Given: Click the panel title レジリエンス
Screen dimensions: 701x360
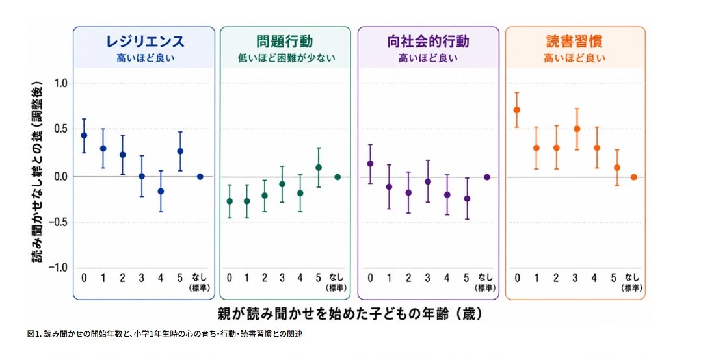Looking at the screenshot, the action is (x=145, y=41).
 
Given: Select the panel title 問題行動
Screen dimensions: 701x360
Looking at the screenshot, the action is (x=285, y=41).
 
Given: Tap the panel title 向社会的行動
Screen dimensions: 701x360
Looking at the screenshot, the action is (x=428, y=41).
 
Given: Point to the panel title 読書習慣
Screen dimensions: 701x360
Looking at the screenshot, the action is (x=574, y=41).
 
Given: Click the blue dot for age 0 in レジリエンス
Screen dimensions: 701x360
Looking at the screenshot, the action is (x=84, y=135).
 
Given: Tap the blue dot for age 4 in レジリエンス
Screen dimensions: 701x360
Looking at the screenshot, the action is (x=161, y=191).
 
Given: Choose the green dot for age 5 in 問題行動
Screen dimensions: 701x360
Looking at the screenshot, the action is (x=319, y=168).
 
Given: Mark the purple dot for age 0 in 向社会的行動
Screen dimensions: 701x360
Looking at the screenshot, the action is (x=370, y=164).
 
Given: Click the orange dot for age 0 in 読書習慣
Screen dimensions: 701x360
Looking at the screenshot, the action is (x=517, y=110).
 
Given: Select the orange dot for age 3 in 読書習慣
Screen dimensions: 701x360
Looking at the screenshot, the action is (x=577, y=129).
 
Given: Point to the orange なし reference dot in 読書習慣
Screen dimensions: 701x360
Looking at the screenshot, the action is (x=633, y=177).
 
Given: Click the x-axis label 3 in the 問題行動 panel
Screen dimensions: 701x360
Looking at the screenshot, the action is (x=282, y=278).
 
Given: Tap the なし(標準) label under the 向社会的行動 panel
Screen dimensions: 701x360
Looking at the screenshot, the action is (x=486, y=282).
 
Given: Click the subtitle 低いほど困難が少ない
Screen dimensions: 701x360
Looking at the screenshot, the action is (x=287, y=58).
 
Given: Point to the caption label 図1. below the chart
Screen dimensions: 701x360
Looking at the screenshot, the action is (x=34, y=334).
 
